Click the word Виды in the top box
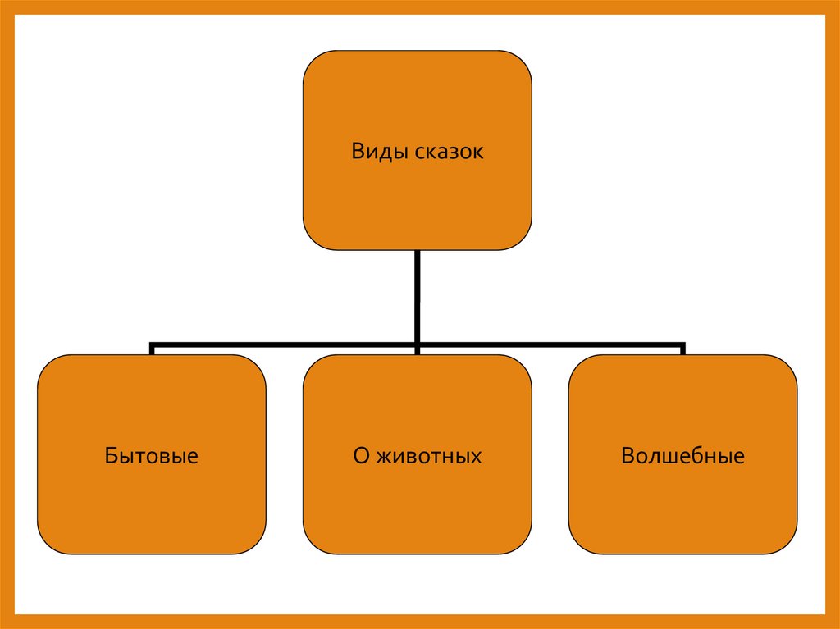pyautogui.click(x=373, y=153)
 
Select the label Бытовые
pyautogui.click(x=152, y=456)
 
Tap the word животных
pyautogui.click(x=429, y=456)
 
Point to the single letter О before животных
pyautogui.click(x=361, y=456)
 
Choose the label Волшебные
pyautogui.click(x=682, y=456)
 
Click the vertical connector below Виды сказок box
pyautogui.click(x=418, y=295)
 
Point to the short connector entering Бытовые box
pyautogui.click(x=152, y=350)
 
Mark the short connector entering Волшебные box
pyautogui.click(x=682, y=350)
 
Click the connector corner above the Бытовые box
pyautogui.click(x=153, y=344)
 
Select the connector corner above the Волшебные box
pyautogui.click(x=682, y=344)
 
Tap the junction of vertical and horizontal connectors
pyautogui.click(x=418, y=344)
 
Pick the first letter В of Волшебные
pyautogui.click(x=628, y=456)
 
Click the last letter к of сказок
pyautogui.click(x=479, y=153)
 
